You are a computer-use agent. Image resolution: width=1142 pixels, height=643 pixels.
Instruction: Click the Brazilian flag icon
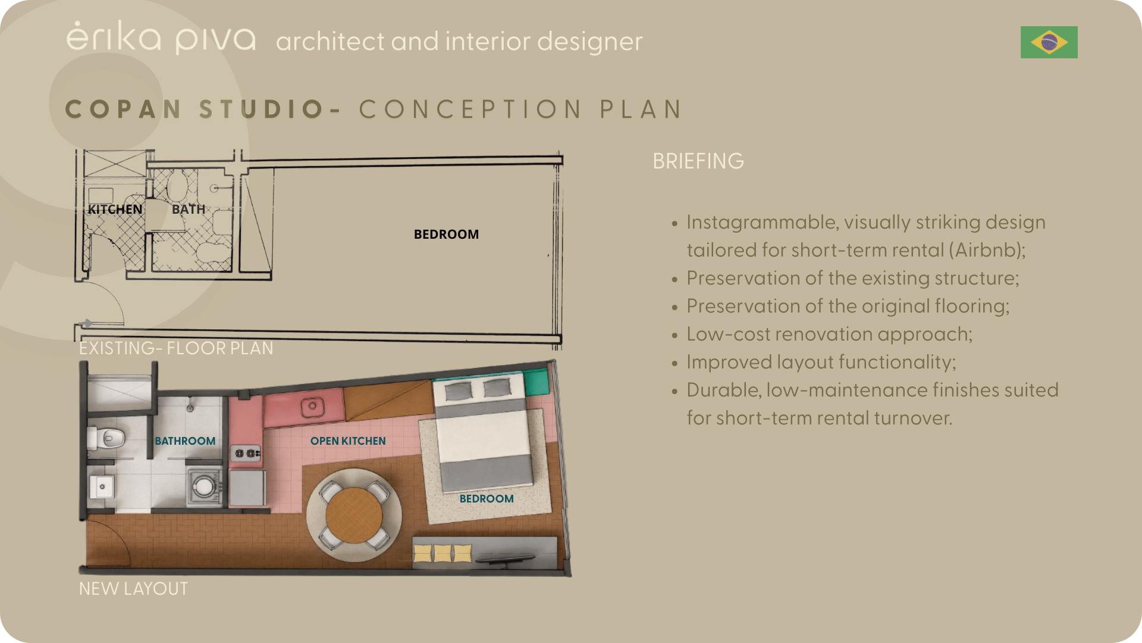(1049, 42)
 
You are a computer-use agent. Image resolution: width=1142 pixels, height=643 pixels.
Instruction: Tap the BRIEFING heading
(698, 161)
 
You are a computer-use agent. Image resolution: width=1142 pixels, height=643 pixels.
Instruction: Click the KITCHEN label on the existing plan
(115, 210)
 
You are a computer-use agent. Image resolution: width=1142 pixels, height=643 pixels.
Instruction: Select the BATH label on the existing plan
(189, 210)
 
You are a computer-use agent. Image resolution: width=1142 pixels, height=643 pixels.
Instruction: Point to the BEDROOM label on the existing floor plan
(446, 235)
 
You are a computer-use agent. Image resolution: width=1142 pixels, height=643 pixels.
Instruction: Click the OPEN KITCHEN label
(348, 441)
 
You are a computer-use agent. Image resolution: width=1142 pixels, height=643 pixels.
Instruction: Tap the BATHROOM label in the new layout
(185, 441)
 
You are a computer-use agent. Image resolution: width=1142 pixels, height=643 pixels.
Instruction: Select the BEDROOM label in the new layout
(487, 499)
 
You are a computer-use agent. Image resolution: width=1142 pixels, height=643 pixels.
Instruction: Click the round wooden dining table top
(354, 516)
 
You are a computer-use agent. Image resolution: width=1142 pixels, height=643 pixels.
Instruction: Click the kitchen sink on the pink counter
(312, 407)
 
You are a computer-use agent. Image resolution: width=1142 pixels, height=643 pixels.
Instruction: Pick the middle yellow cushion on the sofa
(443, 554)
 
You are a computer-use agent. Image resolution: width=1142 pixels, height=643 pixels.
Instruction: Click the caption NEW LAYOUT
(133, 589)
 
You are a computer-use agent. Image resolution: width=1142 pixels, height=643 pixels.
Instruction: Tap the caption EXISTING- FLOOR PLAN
(176, 348)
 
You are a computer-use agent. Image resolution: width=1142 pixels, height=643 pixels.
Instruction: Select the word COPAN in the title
(123, 110)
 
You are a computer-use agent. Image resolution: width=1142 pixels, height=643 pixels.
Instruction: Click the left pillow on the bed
(459, 391)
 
